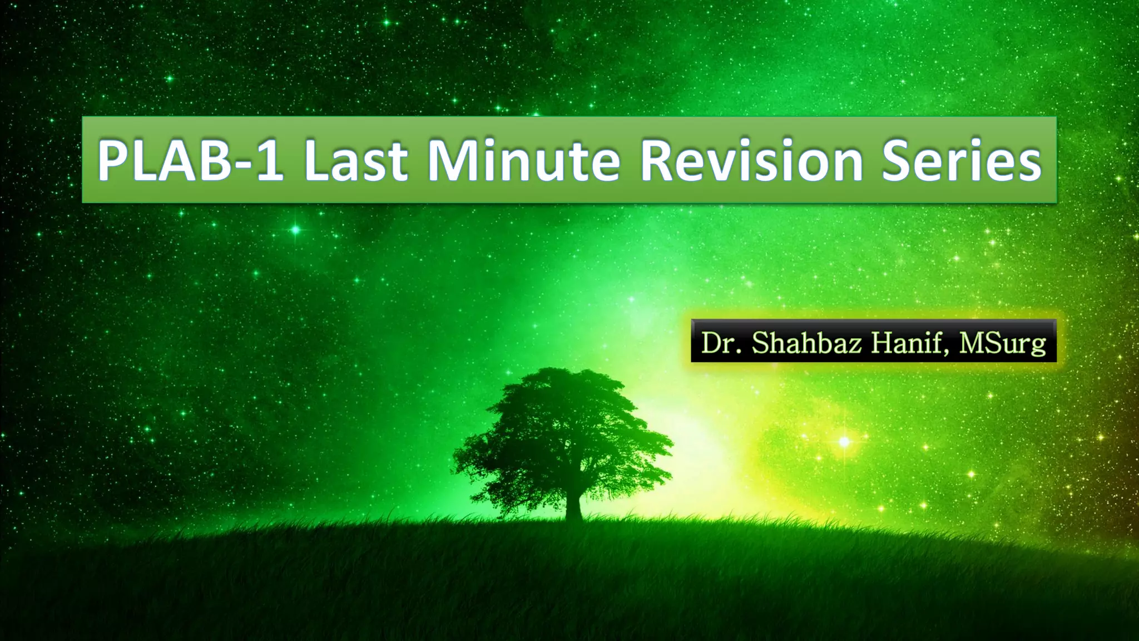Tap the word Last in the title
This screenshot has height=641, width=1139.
(355, 160)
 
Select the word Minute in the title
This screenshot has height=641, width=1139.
(523, 160)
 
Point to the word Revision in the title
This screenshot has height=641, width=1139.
(751, 160)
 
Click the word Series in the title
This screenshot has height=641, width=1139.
(962, 160)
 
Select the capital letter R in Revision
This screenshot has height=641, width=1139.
(660, 160)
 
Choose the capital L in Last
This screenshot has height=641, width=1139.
(318, 160)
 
